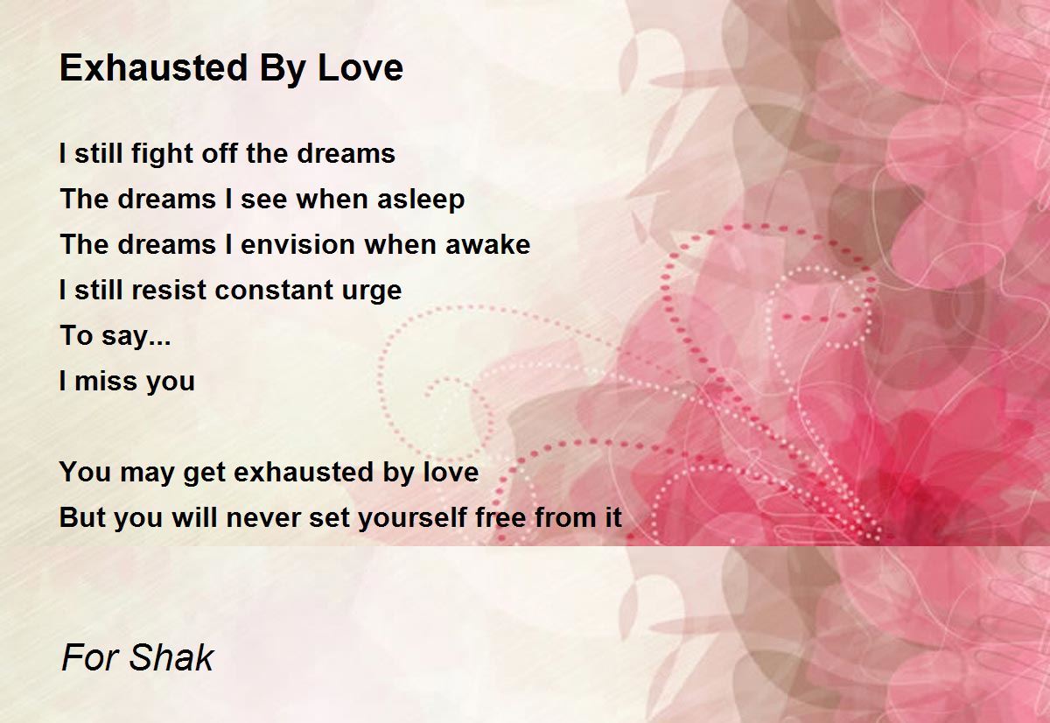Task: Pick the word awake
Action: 487,244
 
